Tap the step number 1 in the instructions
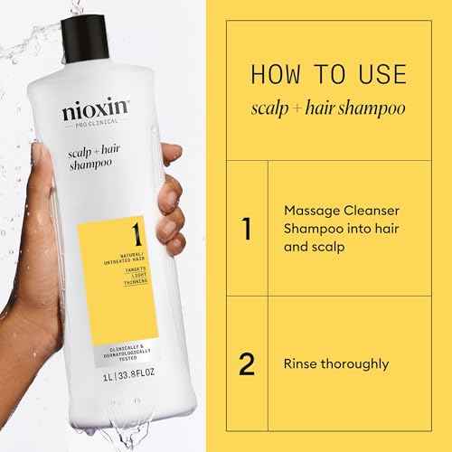pyautogui.click(x=246, y=230)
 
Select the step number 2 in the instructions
pyautogui.click(x=245, y=363)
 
